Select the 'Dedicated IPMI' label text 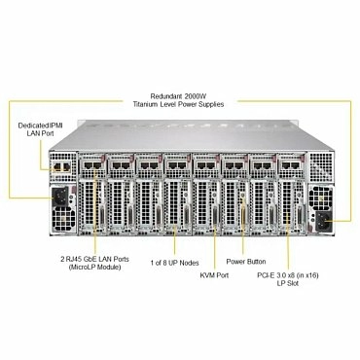tap(36, 127)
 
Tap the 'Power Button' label tap(247, 261)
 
